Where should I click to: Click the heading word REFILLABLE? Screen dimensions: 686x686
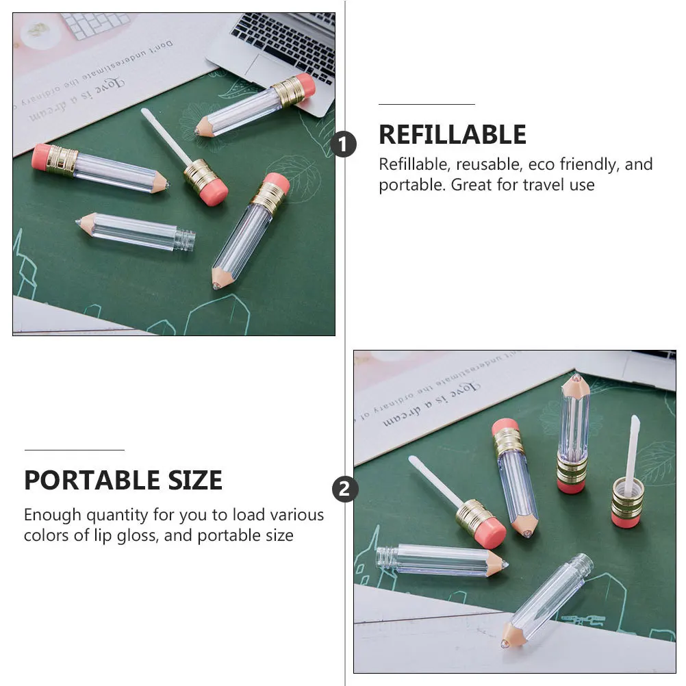coord(453,135)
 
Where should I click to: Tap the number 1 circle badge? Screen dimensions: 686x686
coord(344,145)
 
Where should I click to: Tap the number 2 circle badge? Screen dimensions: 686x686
coord(344,490)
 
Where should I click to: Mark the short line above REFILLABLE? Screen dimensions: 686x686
coord(427,104)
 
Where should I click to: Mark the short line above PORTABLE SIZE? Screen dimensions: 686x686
coord(74,450)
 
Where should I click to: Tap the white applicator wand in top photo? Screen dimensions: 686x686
coord(166,137)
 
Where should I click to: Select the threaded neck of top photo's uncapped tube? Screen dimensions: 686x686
coord(185,239)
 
